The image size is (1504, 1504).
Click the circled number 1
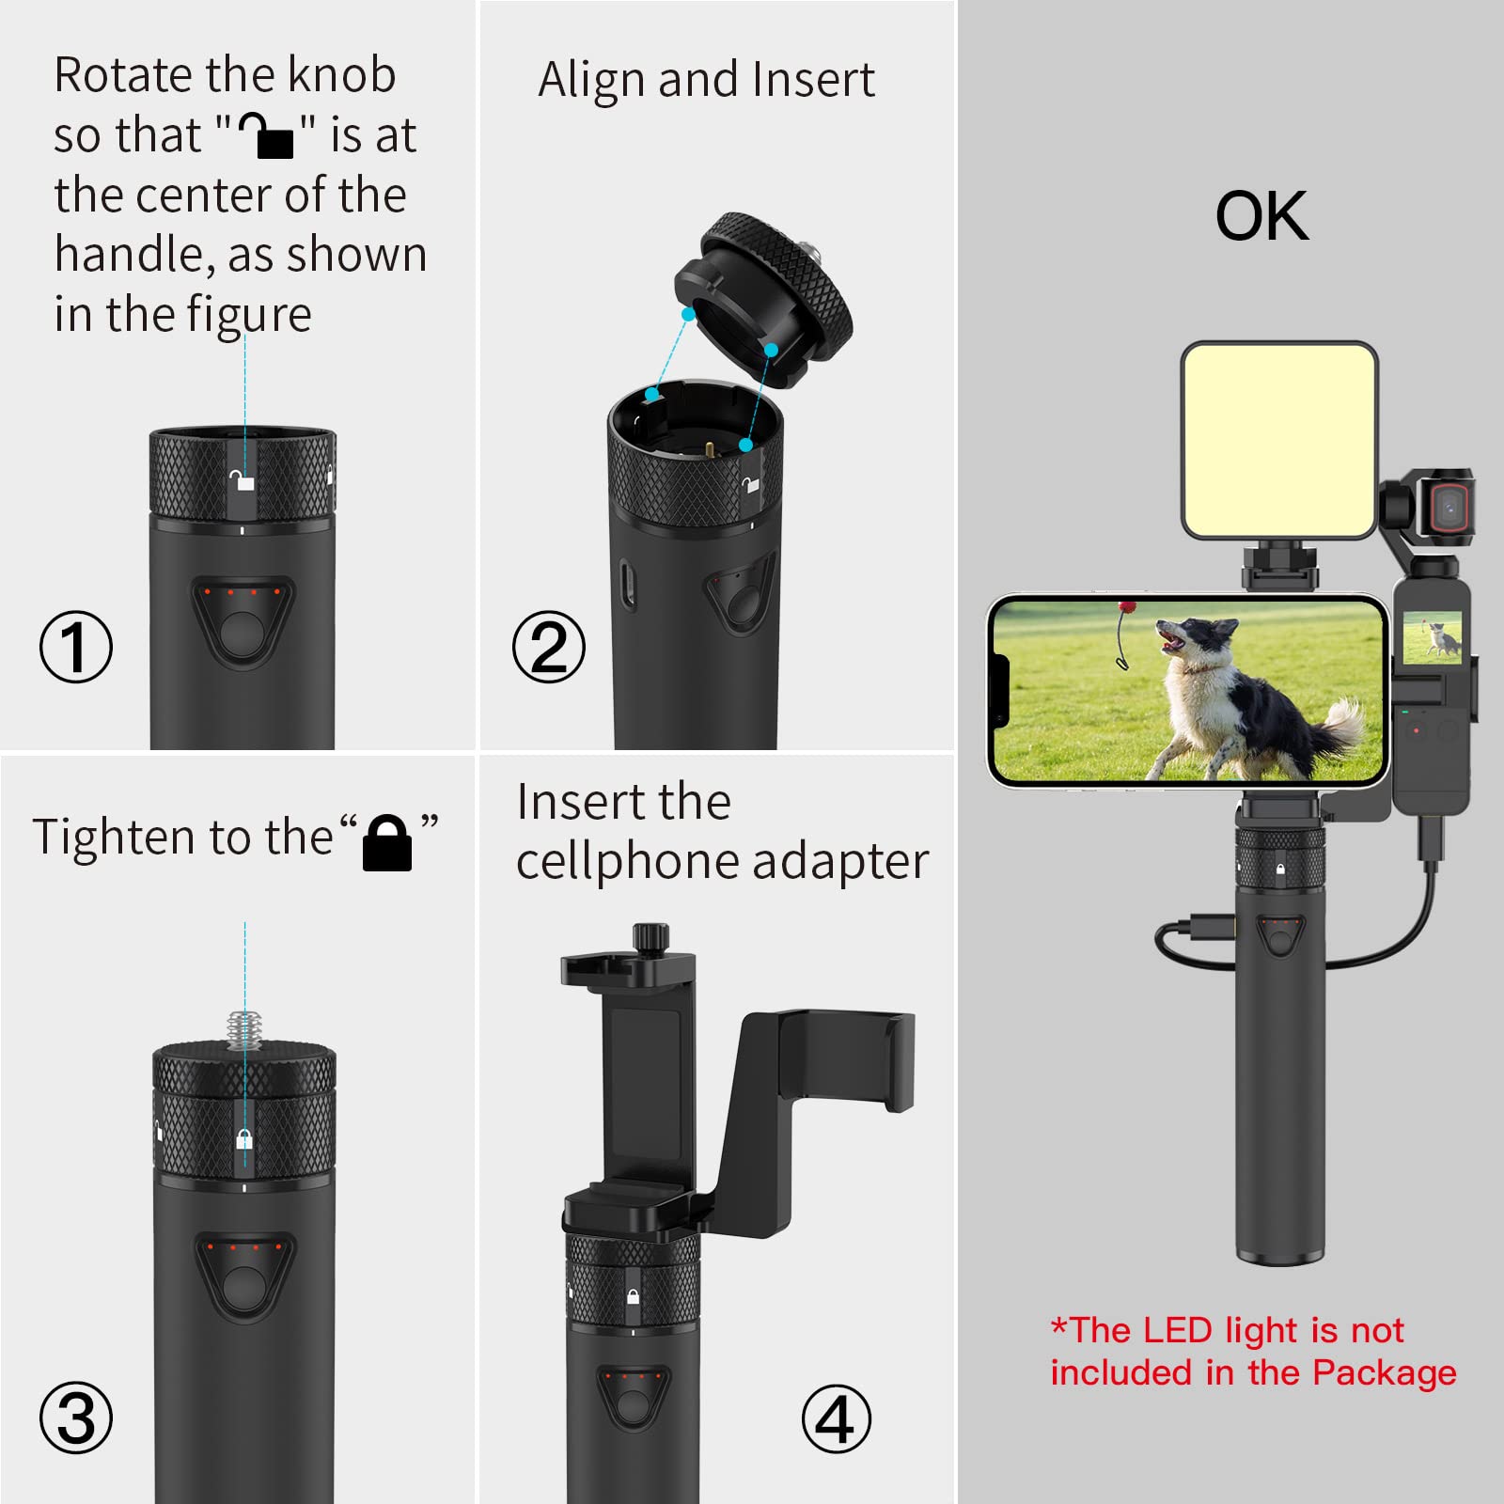tap(76, 647)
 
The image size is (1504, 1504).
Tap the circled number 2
tap(549, 647)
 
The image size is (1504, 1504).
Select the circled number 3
tap(76, 1418)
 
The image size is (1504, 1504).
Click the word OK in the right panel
tap(1261, 216)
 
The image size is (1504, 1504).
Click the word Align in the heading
tap(593, 80)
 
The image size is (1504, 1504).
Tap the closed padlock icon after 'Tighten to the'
tap(387, 842)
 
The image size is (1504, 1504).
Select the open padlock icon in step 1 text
tap(266, 134)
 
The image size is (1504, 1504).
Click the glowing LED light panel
tap(1279, 440)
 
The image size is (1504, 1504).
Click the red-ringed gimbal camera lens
tap(1449, 509)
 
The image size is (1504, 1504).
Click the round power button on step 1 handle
tap(243, 633)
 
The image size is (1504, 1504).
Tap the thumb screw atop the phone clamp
tap(650, 936)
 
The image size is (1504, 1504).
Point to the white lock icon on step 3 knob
tap(244, 1139)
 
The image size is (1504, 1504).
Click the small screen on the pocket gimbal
tap(1432, 636)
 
